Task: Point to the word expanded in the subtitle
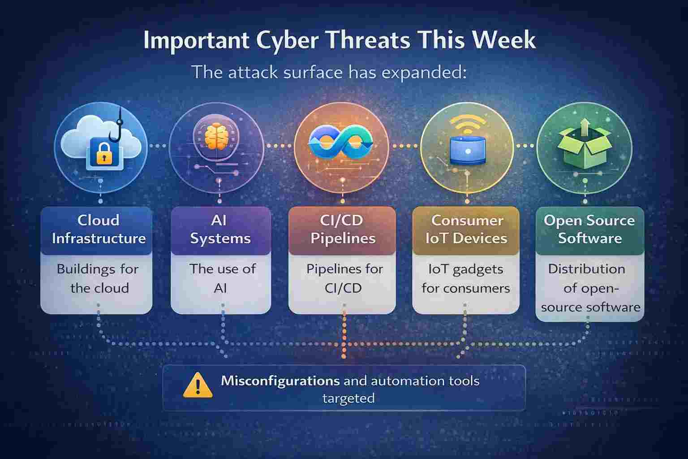(x=423, y=72)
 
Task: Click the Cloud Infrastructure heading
(x=99, y=229)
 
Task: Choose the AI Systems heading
(x=220, y=229)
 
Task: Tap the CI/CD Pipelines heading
(x=343, y=229)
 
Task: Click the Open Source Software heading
(x=589, y=229)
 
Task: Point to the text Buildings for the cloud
(x=98, y=278)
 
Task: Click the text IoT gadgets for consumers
(x=466, y=278)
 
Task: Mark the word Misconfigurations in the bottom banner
(x=280, y=381)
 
